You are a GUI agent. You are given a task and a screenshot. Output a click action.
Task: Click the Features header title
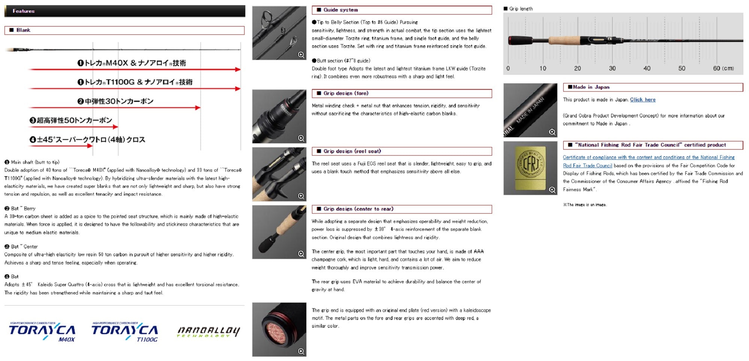(24, 11)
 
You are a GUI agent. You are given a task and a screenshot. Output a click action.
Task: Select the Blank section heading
(23, 30)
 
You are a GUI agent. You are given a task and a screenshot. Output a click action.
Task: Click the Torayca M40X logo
(42, 332)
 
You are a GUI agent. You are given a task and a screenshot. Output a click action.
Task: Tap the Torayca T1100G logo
(125, 332)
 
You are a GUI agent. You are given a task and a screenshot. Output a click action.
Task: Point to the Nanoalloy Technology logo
(208, 331)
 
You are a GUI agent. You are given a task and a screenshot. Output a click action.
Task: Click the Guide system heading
(340, 10)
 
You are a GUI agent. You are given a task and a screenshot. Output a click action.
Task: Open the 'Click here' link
(643, 100)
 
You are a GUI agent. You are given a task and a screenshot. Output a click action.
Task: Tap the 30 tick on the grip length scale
(612, 68)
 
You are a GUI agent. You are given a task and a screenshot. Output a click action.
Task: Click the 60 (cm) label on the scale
(723, 68)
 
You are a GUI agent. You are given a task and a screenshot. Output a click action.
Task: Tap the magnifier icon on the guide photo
(301, 55)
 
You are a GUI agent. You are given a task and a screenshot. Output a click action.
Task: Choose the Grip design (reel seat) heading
(352, 151)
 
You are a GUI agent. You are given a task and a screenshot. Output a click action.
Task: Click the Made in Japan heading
(591, 87)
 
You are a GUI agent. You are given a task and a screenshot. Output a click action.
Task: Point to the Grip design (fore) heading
(346, 93)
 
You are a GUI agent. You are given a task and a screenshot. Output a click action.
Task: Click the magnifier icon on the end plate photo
(301, 351)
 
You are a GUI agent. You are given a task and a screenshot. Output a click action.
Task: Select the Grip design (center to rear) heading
(358, 209)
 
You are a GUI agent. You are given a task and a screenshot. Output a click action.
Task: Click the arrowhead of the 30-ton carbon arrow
(198, 108)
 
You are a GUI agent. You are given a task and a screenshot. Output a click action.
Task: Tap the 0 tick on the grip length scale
(508, 68)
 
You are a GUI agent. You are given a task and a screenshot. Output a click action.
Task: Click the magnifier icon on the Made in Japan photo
(552, 132)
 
